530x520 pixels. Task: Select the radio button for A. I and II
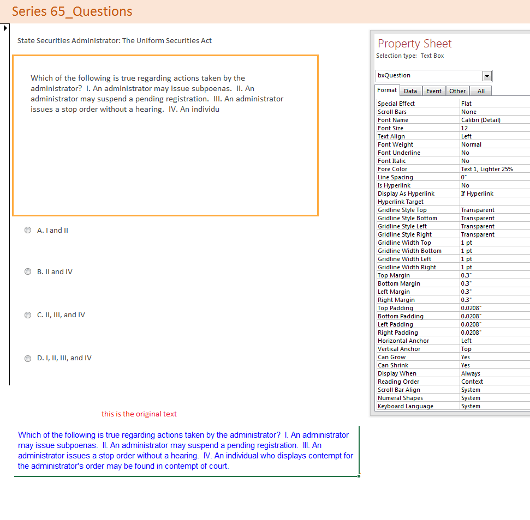pyautogui.click(x=28, y=231)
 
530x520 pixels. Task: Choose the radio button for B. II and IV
pyautogui.click(x=28, y=272)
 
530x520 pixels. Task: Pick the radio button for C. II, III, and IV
pyautogui.click(x=28, y=315)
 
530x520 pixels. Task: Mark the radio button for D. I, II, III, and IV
pyautogui.click(x=28, y=359)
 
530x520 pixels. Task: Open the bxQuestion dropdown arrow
pyautogui.click(x=487, y=76)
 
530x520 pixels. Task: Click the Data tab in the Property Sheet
pyautogui.click(x=410, y=91)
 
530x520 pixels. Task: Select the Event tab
pyautogui.click(x=434, y=91)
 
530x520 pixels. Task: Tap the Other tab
pyautogui.click(x=457, y=91)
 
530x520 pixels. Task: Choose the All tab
pyautogui.click(x=481, y=91)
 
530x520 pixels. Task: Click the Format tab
pyautogui.click(x=388, y=90)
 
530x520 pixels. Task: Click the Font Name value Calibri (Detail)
pyautogui.click(x=480, y=120)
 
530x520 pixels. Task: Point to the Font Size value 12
pyautogui.click(x=465, y=128)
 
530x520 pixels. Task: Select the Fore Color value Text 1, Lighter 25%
pyautogui.click(x=487, y=169)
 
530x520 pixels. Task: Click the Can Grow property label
pyautogui.click(x=391, y=357)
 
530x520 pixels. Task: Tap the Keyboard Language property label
pyautogui.click(x=405, y=406)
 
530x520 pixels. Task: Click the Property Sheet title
pyautogui.click(x=415, y=44)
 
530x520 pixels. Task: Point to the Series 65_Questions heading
pyautogui.click(x=72, y=11)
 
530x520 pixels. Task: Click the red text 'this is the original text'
pyautogui.click(x=139, y=414)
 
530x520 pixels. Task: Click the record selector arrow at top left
pyautogui.click(x=5, y=28)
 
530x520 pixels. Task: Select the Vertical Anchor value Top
pyautogui.click(x=466, y=349)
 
